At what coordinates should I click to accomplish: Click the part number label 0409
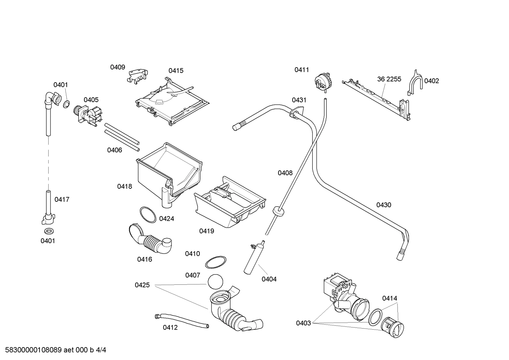pyautogui.click(x=117, y=67)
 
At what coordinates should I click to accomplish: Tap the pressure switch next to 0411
pyautogui.click(x=324, y=81)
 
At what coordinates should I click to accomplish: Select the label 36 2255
pyautogui.click(x=389, y=79)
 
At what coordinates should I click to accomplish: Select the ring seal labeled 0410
pyautogui.click(x=215, y=262)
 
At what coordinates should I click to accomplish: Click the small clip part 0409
pyautogui.click(x=138, y=75)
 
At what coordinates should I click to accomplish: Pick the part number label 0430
pyautogui.click(x=383, y=205)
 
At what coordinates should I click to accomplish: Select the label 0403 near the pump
pyautogui.click(x=303, y=323)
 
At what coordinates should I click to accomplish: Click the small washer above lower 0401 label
pyautogui.click(x=48, y=231)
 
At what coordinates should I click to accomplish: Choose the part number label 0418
pyautogui.click(x=125, y=186)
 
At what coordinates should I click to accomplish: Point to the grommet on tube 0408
pyautogui.click(x=279, y=211)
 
